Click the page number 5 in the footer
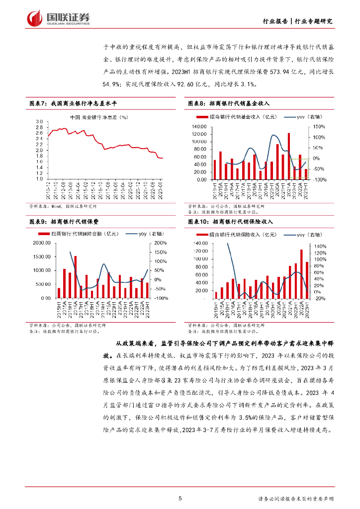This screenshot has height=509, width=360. [180, 498]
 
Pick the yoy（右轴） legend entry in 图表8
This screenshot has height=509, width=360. [296, 117]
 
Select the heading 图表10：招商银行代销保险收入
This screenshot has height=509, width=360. [230, 222]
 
